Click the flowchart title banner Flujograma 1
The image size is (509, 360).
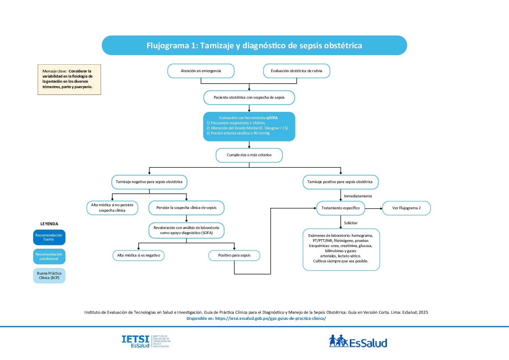pos(254,46)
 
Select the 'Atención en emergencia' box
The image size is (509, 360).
pos(201,71)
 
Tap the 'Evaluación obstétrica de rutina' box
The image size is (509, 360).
pos(296,71)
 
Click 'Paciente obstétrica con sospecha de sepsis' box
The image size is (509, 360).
pos(249,98)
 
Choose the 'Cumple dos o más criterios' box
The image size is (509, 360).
pos(249,155)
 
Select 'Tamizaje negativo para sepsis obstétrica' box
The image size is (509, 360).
pos(149,182)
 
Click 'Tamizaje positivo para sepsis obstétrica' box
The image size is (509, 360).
pos(340,182)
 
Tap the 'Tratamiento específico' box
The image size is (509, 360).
pos(340,208)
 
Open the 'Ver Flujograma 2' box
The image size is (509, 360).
pos(406,208)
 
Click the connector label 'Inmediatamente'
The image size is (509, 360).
pos(358,196)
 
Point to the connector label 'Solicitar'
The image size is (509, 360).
pos(351,223)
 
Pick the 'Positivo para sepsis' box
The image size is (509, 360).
pos(234,256)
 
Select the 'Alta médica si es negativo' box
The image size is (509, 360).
pos(138,256)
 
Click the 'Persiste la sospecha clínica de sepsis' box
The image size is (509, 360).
pos(186,208)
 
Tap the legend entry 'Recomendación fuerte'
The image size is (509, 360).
pos(49,238)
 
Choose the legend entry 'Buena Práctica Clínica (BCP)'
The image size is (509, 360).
pos(49,276)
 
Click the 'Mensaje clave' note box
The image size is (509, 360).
pos(69,79)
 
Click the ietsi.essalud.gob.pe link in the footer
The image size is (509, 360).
pos(270,318)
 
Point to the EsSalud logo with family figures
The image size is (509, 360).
pos(358,341)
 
